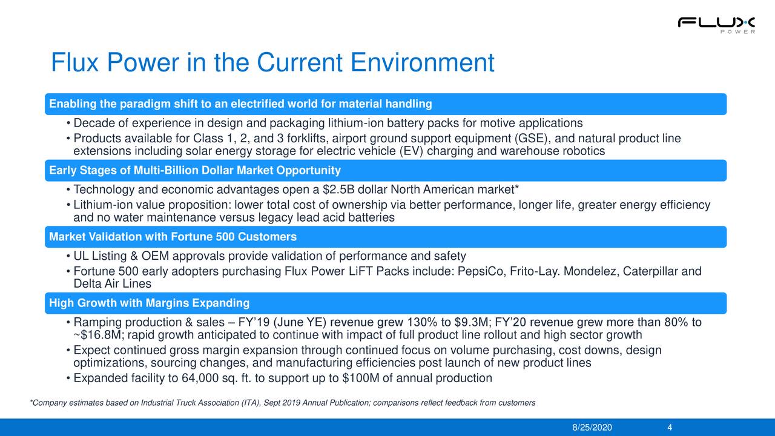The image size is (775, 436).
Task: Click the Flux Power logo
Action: (x=716, y=25)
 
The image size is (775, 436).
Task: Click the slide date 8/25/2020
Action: (x=592, y=427)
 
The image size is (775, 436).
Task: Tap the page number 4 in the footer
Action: (x=669, y=427)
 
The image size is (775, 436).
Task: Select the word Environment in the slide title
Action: (x=422, y=63)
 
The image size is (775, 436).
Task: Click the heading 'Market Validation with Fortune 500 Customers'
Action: (x=173, y=236)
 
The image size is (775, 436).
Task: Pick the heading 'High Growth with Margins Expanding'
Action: (x=149, y=303)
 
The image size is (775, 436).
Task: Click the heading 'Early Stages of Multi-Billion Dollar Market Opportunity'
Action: (x=194, y=170)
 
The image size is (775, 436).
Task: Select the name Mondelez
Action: (x=589, y=271)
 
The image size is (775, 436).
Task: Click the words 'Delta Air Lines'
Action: (x=112, y=284)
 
